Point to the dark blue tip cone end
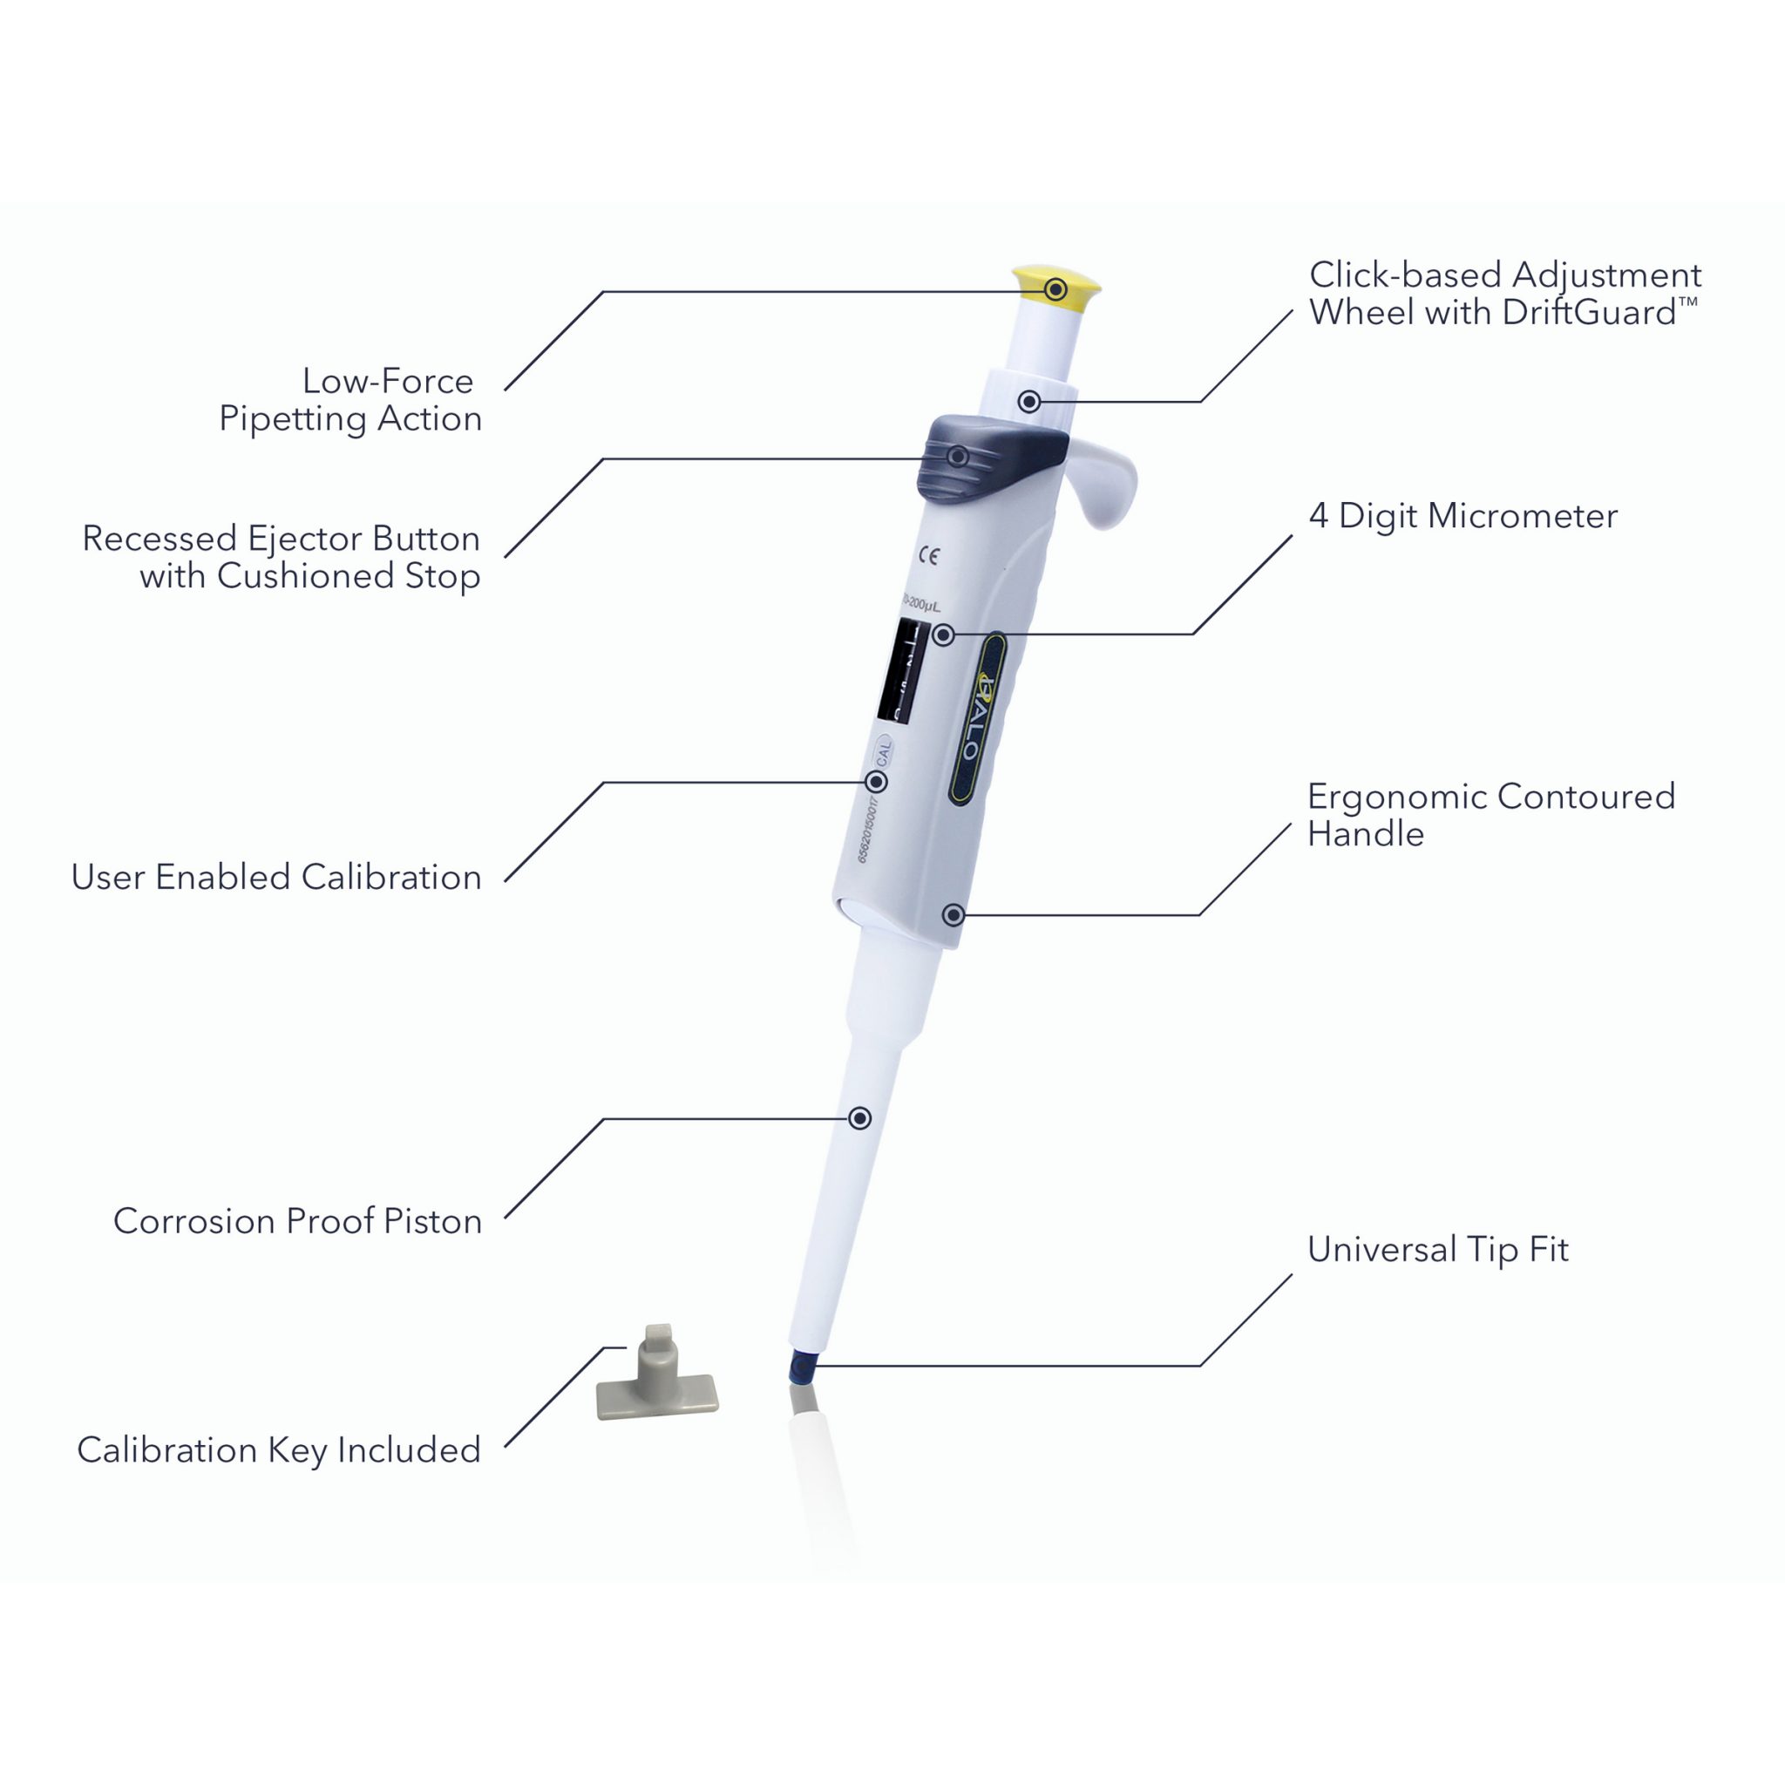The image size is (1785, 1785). point(802,1365)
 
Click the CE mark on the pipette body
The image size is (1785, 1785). point(928,555)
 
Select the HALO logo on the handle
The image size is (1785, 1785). point(976,716)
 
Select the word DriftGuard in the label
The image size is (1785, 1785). point(1588,313)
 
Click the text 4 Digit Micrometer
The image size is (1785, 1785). point(1463,516)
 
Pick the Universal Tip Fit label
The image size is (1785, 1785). point(1437,1249)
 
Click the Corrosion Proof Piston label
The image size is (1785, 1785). point(297,1220)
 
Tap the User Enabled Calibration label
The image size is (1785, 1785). point(276,877)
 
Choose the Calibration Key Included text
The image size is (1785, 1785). point(279,1449)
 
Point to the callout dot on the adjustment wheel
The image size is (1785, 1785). point(1029,401)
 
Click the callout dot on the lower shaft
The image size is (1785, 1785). point(859,1119)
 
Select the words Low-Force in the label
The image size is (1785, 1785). point(387,381)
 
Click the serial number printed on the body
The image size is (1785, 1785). point(865,828)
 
